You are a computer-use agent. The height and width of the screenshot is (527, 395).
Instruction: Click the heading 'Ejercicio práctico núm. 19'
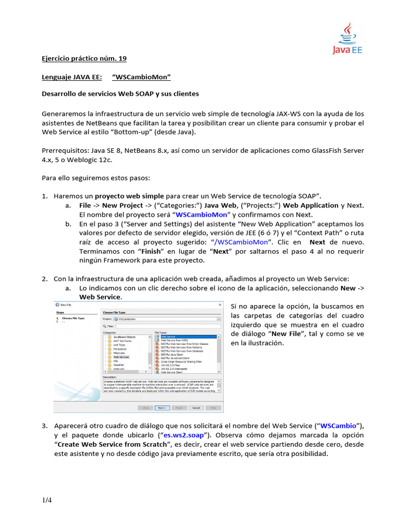click(x=83, y=59)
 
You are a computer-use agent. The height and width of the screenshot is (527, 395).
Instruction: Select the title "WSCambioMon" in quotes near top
click(x=141, y=77)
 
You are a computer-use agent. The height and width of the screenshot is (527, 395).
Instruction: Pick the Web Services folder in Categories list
click(x=121, y=357)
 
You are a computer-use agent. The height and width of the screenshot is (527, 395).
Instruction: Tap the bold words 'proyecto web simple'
click(x=130, y=196)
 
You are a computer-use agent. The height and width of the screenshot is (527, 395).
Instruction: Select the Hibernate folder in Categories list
click(x=119, y=353)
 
